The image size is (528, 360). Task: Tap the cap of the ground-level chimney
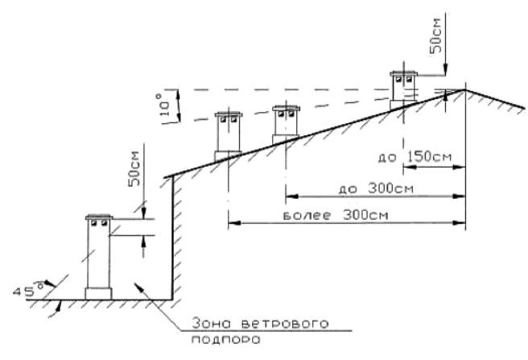click(x=101, y=217)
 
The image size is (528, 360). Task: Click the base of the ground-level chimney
click(x=101, y=292)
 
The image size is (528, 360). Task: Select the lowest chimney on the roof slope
click(x=225, y=135)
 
